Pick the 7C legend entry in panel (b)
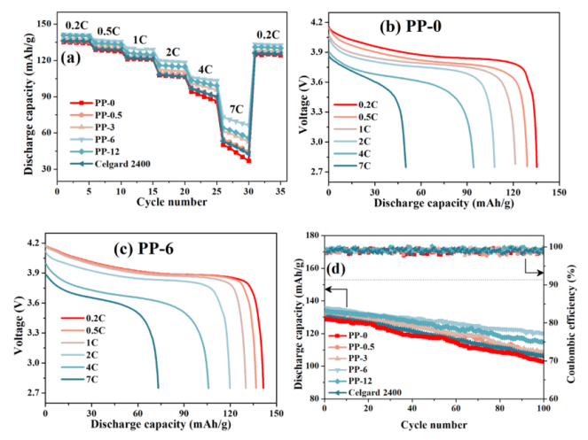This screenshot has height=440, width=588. click(x=362, y=166)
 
